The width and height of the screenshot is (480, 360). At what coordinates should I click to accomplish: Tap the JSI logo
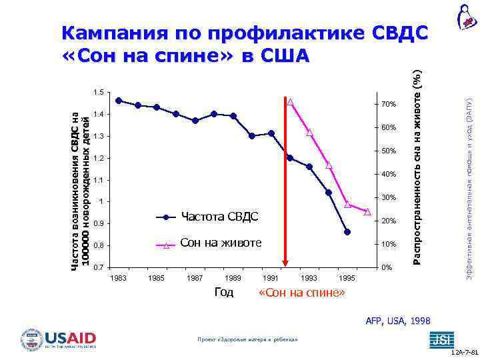point(439,339)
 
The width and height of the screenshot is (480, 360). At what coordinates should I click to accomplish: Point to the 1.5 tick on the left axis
point(98,92)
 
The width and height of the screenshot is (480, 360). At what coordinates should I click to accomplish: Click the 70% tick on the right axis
point(388,105)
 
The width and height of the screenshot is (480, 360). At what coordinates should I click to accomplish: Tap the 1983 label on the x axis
point(118,277)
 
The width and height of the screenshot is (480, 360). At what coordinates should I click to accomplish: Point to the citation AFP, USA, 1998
point(398,321)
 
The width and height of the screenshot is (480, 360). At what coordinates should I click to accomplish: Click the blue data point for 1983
point(118,100)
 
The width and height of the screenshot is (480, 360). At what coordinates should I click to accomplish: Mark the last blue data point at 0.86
point(347,232)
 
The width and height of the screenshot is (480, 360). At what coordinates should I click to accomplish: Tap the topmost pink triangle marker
point(291,102)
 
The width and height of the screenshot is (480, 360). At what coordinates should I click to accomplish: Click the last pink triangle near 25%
point(367,211)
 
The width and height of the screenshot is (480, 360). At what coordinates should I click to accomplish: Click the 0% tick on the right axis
point(385,268)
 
